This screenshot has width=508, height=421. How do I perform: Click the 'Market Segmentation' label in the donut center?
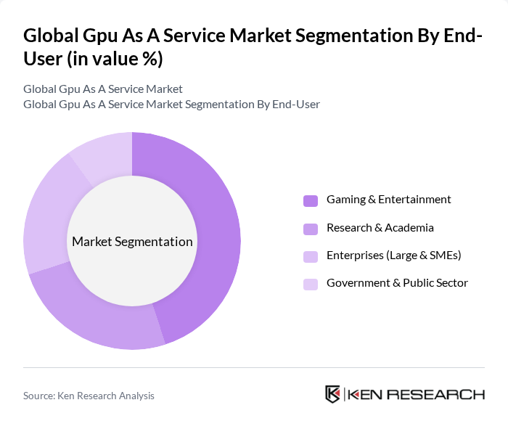pos(132,242)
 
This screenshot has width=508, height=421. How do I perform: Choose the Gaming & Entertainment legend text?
pos(388,200)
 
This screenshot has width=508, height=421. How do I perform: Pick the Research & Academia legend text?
pos(380,228)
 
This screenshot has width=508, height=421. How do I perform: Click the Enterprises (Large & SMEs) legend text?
pos(393,256)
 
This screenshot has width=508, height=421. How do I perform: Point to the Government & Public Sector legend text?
pos(397,283)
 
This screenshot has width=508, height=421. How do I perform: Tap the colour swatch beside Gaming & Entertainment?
pos(310,200)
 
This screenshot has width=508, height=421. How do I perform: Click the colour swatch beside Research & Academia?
pos(310,228)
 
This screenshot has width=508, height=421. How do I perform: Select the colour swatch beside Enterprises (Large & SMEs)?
pos(310,256)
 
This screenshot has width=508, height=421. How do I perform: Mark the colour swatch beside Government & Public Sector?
pos(310,284)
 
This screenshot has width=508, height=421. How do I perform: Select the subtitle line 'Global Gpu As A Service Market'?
pos(103,89)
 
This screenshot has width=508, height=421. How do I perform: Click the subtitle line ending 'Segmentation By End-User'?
pos(171,105)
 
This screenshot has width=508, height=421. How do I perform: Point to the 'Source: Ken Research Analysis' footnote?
pos(89,396)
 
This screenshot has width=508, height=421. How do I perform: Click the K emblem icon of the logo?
pos(333,394)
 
